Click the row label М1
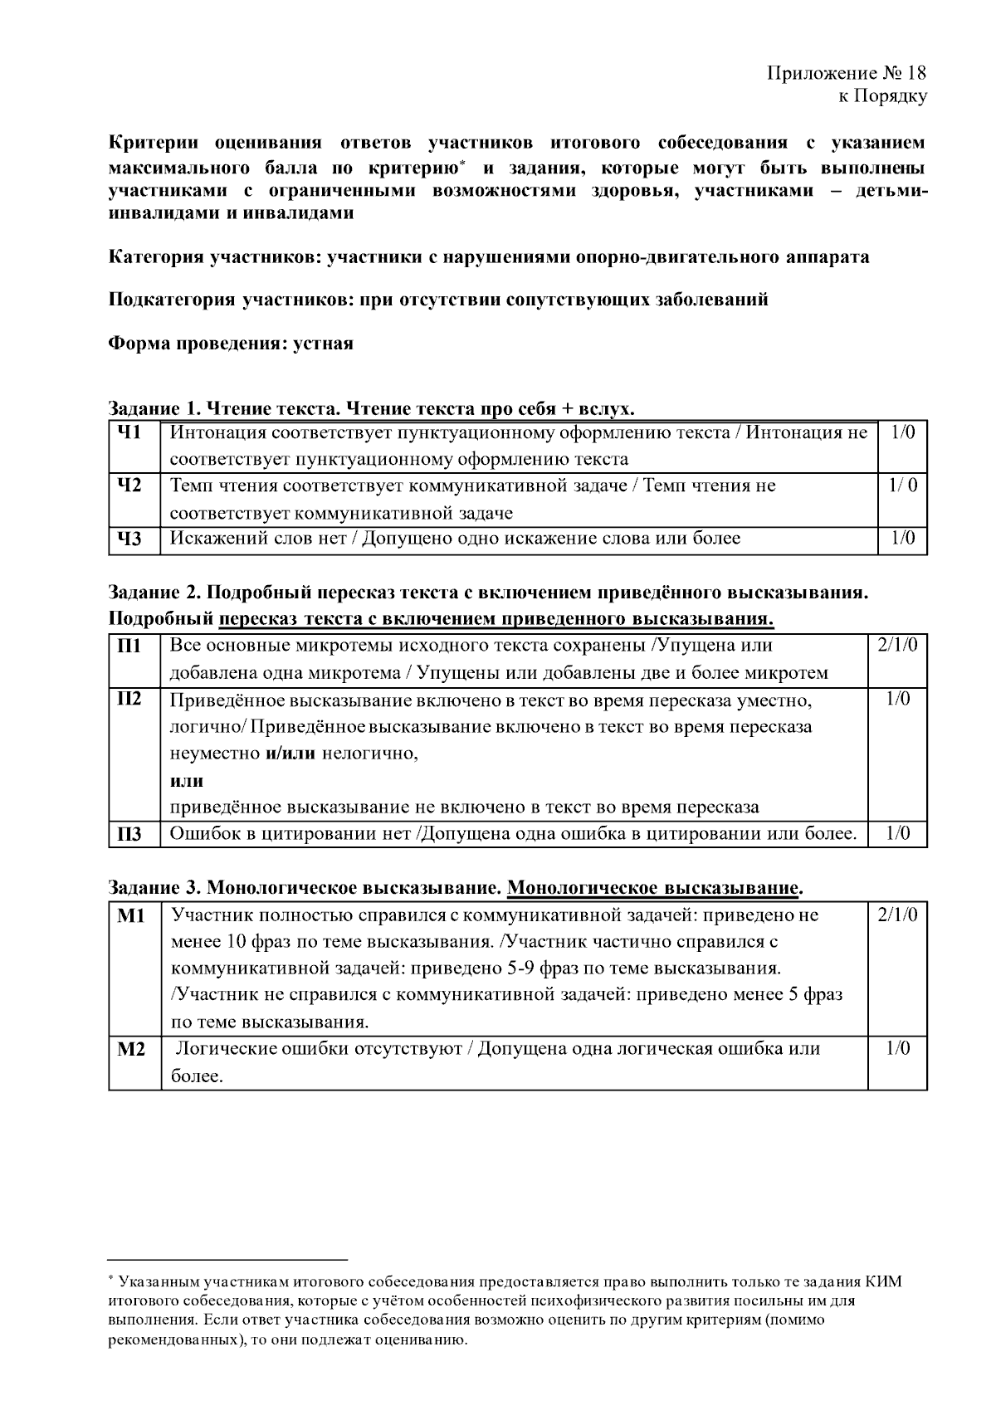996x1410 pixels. [x=130, y=915]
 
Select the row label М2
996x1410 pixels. [x=131, y=1049]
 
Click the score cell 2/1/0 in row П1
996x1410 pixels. [x=896, y=646]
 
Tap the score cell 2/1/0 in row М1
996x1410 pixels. [x=896, y=915]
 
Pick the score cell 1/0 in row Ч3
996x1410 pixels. [x=902, y=539]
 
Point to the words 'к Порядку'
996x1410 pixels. [x=882, y=96]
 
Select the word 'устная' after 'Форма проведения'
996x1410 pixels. [x=323, y=344]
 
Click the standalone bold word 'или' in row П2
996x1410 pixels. [x=187, y=780]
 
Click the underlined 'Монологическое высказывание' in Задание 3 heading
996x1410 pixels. [x=652, y=888]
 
